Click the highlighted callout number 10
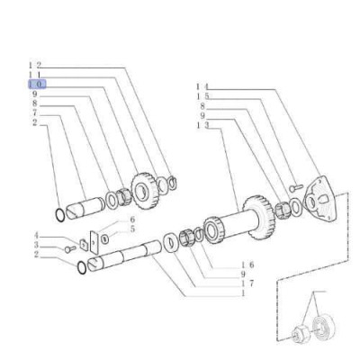point(37,85)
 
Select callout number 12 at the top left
point(35,65)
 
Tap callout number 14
point(202,87)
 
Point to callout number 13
point(202,126)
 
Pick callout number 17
point(247,283)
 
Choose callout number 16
point(247,265)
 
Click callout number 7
point(35,112)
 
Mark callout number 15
point(202,96)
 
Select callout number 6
point(132,220)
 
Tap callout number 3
point(36,246)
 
